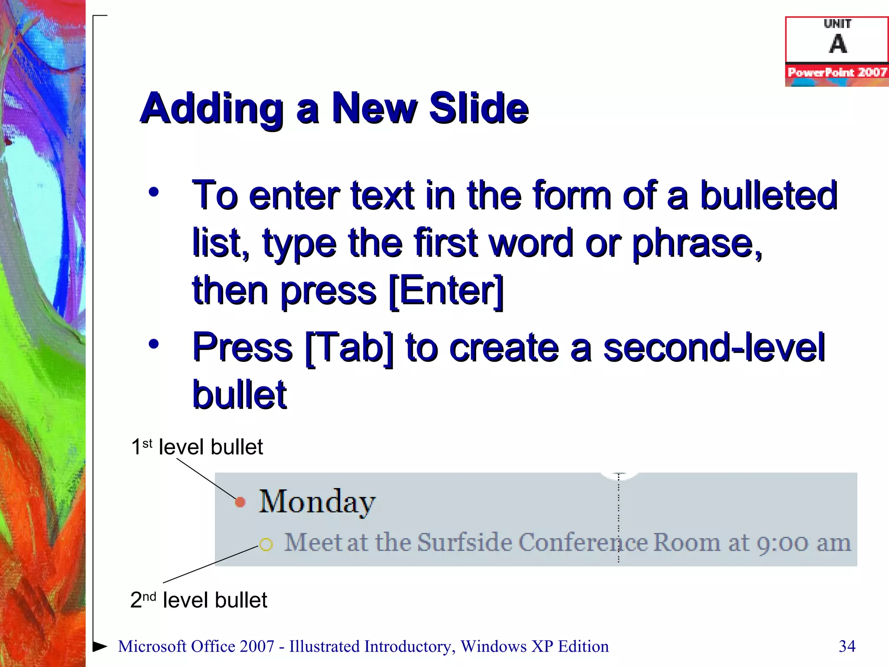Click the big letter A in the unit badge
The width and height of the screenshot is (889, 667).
[x=838, y=44]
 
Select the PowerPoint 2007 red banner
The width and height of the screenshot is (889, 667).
[x=837, y=72]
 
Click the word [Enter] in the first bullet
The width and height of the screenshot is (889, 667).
[x=446, y=291]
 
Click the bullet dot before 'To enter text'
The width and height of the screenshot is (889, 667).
[x=154, y=192]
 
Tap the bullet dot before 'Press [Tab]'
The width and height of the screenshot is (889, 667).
[x=154, y=344]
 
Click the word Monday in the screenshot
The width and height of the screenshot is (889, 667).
[x=317, y=502]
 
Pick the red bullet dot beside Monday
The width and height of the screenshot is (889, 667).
[x=240, y=502]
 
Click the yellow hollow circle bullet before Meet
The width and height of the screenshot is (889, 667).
[x=266, y=544]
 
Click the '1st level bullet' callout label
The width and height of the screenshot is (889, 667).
[x=197, y=447]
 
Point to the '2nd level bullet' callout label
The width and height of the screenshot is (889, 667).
[x=198, y=600]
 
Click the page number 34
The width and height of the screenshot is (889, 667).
[x=847, y=646]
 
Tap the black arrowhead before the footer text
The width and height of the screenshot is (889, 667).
[x=100, y=646]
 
